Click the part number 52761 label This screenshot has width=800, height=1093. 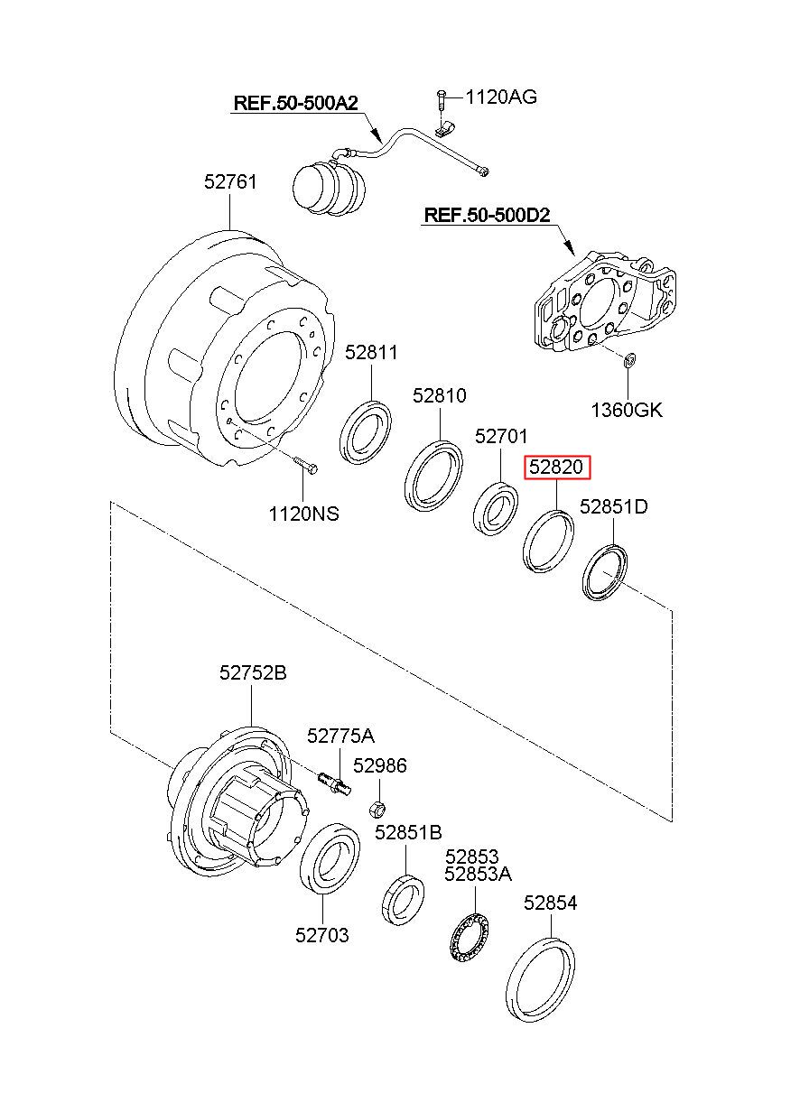[x=230, y=181]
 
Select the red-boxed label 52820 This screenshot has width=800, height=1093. [x=556, y=468]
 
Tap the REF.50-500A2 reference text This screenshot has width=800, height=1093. [x=296, y=103]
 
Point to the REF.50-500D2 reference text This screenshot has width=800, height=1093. [x=487, y=215]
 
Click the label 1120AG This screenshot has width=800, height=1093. [x=501, y=97]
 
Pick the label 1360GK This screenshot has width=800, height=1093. [x=628, y=410]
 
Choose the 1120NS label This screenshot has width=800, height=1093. [x=303, y=514]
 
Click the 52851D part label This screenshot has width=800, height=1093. [x=614, y=506]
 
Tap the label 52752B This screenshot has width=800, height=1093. [x=253, y=672]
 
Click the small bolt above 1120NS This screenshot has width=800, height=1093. [x=305, y=464]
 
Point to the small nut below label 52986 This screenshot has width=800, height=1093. [x=376, y=810]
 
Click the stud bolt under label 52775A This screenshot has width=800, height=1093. [x=335, y=784]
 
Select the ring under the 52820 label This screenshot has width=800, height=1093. [x=548, y=540]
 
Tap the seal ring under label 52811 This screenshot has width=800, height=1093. [x=366, y=431]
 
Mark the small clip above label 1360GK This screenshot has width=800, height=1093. [x=629, y=361]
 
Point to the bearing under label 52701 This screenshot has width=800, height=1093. [x=496, y=507]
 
